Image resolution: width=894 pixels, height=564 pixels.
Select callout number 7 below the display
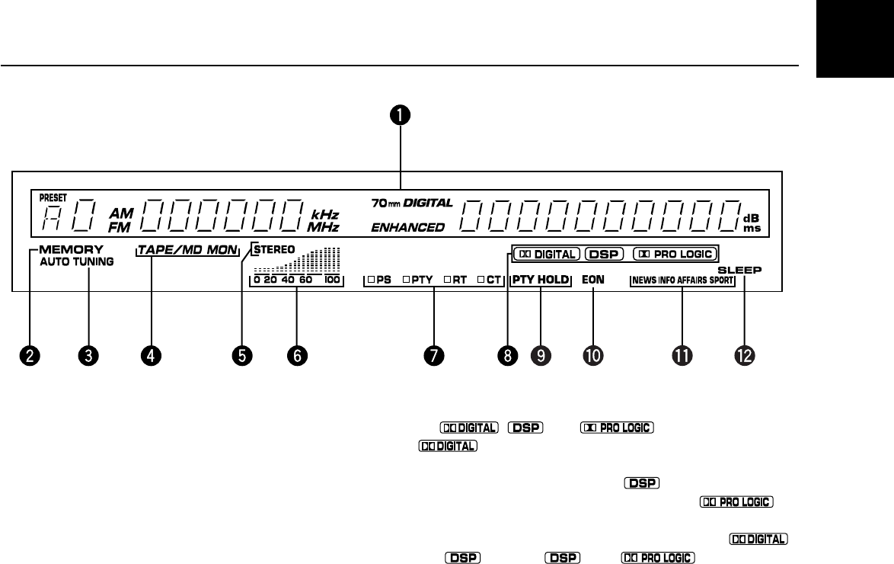[x=433, y=354]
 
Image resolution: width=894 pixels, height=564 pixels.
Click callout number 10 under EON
[x=592, y=354]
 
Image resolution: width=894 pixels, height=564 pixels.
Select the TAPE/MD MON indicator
[x=187, y=250]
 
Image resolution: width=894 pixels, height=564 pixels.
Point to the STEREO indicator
[x=274, y=248]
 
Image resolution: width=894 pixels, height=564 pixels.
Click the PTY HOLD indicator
[x=541, y=280]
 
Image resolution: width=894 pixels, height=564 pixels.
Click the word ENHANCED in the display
[x=407, y=227]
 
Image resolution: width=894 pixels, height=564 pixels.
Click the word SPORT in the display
[x=721, y=280]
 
